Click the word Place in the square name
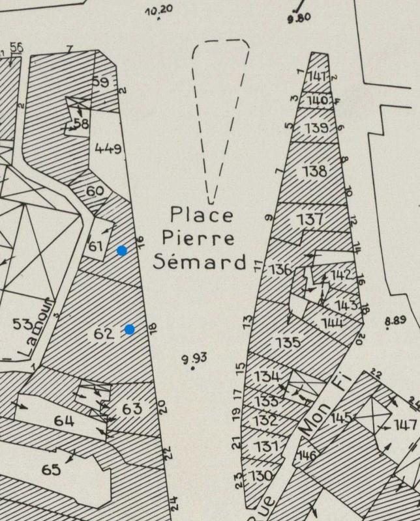[x=202, y=214]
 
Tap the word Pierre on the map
[x=198, y=238]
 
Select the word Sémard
[x=200, y=261]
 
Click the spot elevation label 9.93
[x=194, y=358]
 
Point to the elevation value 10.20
[x=158, y=10]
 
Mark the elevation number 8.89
[x=396, y=320]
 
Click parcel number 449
[x=108, y=149]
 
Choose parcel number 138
[x=314, y=171]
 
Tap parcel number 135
[x=288, y=342]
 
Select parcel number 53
[x=22, y=324]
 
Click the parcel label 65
[x=51, y=470]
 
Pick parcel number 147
[x=405, y=425]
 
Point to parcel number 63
[x=132, y=409]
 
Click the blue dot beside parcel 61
[x=122, y=251]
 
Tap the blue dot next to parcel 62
[x=130, y=329]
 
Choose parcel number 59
[x=100, y=82]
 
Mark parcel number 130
[x=261, y=475]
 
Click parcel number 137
[x=310, y=219]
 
